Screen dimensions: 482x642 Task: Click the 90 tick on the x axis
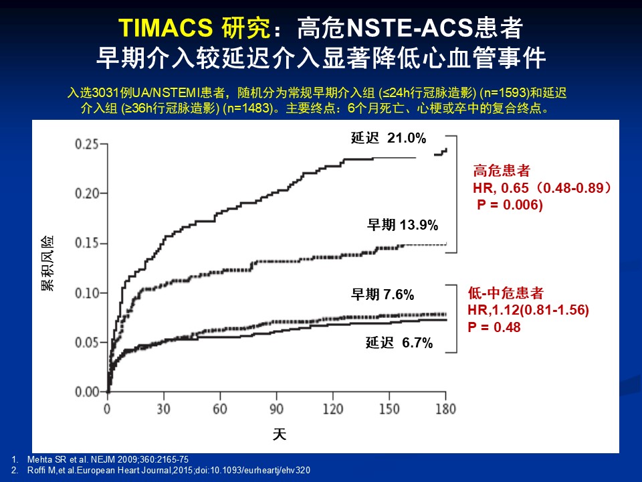pyautogui.click(x=277, y=409)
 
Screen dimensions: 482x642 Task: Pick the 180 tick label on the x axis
pyautogui.click(x=446, y=409)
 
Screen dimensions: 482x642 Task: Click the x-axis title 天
pyautogui.click(x=280, y=434)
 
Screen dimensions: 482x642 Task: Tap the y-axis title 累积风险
pyautogui.click(x=47, y=263)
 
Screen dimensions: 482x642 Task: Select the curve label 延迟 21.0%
pyautogui.click(x=389, y=139)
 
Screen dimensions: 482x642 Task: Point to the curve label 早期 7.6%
pyautogui.click(x=383, y=295)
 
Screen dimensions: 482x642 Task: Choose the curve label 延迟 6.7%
pyautogui.click(x=399, y=343)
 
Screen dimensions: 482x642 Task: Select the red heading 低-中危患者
pyautogui.click(x=505, y=293)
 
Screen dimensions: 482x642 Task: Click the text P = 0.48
pyautogui.click(x=494, y=327)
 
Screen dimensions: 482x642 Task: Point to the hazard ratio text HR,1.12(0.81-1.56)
pyautogui.click(x=528, y=310)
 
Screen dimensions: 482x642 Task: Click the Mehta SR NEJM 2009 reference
pyautogui.click(x=106, y=459)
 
